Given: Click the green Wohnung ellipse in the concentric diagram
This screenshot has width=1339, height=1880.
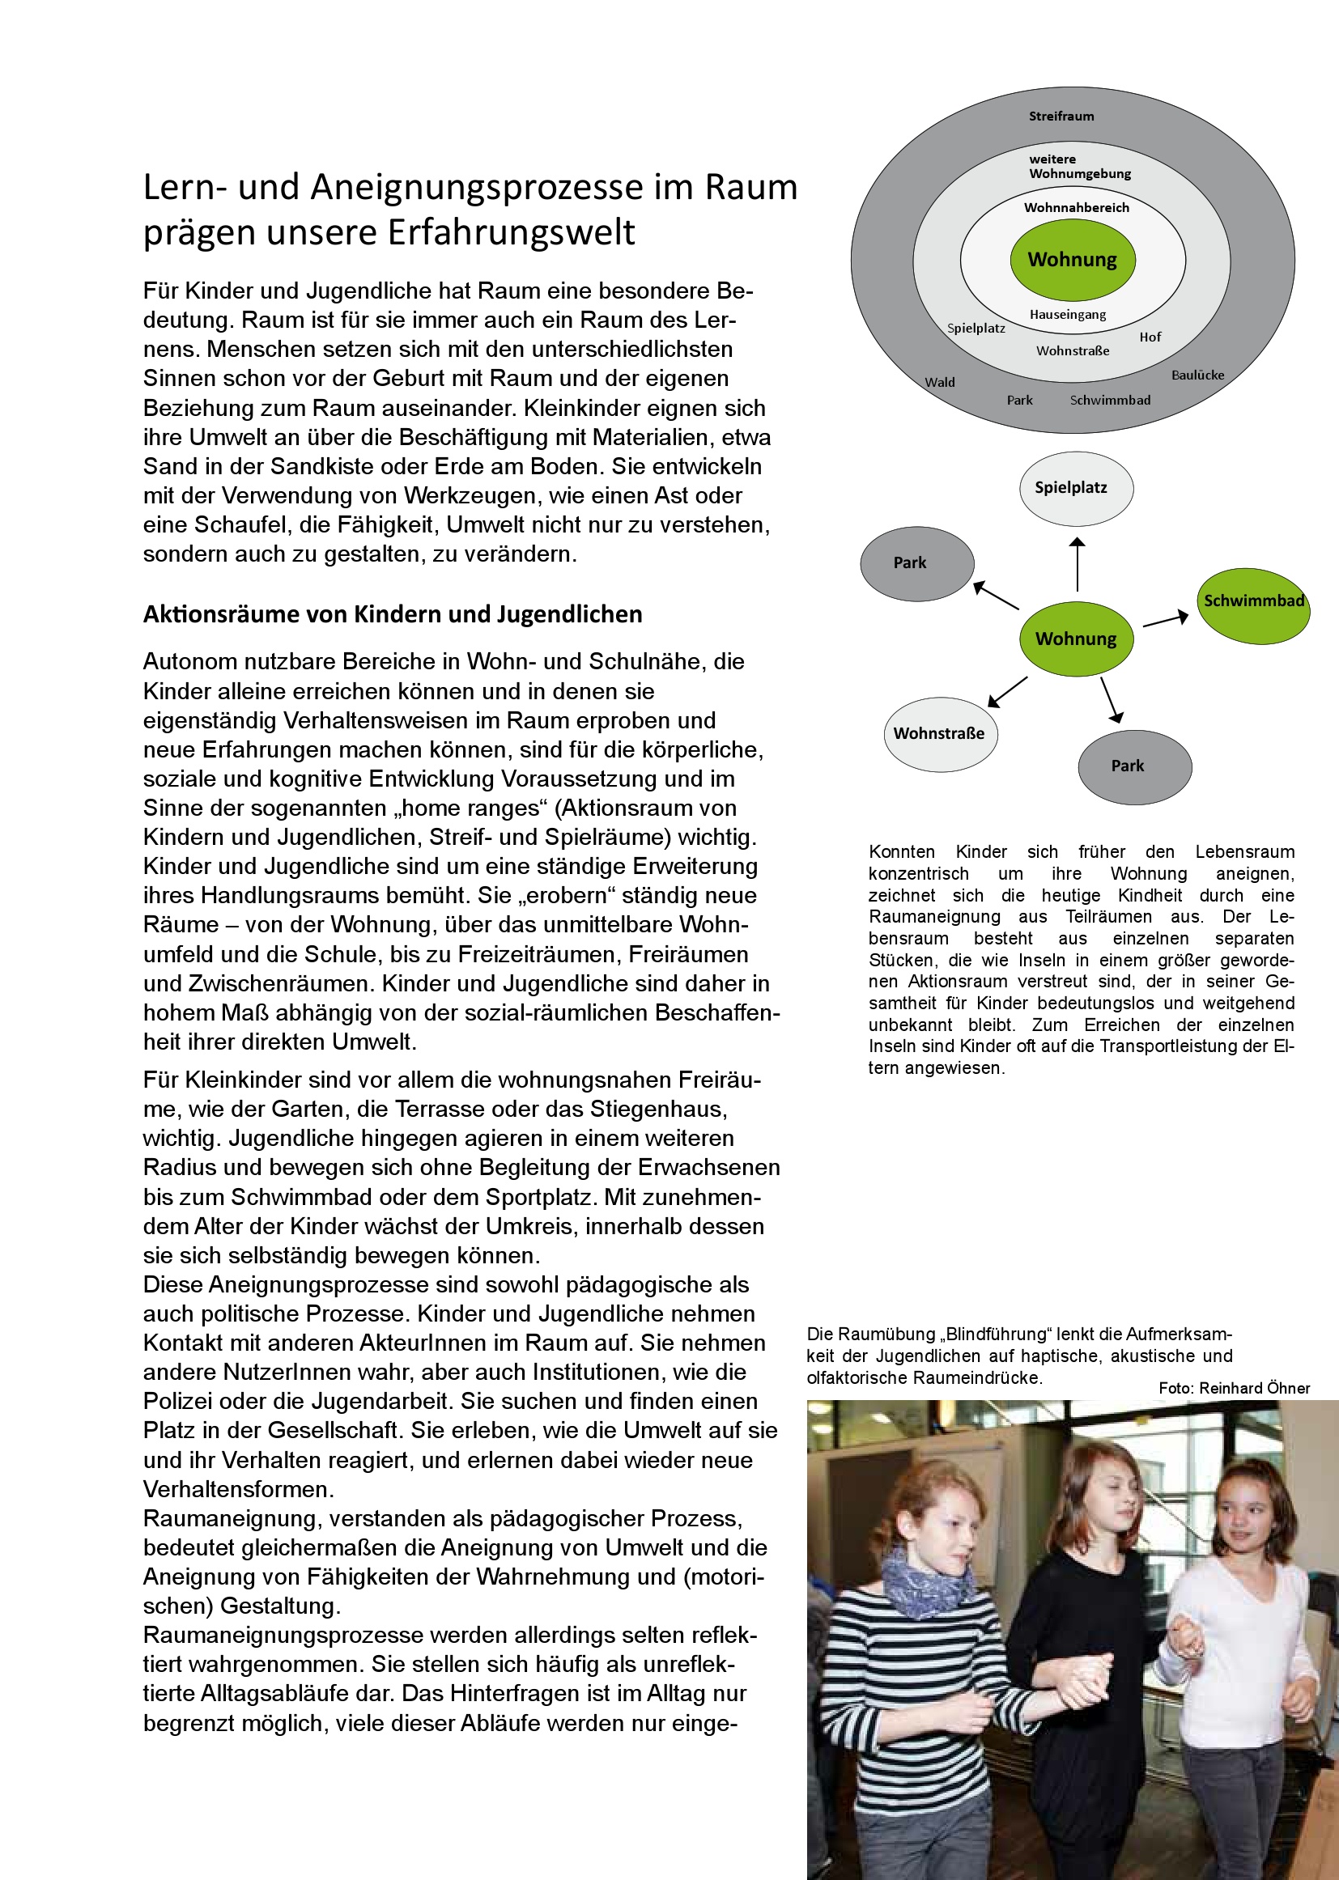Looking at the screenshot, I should pos(1072,260).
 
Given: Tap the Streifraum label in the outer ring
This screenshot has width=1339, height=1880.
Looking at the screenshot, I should pos(1061,117).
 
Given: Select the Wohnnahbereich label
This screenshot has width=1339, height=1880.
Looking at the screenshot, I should pos(1076,208).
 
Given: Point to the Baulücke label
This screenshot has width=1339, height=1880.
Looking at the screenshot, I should pos(1197,375).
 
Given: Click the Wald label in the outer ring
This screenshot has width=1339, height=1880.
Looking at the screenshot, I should pos(939,383).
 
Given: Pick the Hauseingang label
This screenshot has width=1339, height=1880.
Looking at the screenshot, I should pos(1068,315).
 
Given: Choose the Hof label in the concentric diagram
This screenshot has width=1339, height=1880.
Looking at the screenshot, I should pos(1150,337).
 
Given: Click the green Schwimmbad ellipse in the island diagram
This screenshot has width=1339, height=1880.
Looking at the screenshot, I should pos(1253,605).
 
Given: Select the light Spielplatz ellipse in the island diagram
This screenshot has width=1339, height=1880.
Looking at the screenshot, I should pos(1076,488).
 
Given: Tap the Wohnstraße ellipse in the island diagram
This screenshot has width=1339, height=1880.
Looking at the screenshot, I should pos(940,733).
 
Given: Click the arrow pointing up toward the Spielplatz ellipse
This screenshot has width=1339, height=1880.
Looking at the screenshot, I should pos(1077,564).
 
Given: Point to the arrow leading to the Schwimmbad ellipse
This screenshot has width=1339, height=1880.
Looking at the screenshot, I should pos(1165,619).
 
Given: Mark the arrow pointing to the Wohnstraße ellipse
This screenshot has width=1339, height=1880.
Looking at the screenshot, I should pos(1008,691).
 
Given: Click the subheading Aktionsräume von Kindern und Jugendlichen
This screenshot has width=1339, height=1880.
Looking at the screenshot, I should pos(393,615).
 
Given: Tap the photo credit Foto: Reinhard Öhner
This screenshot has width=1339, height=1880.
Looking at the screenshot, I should pos(1234,1388).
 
